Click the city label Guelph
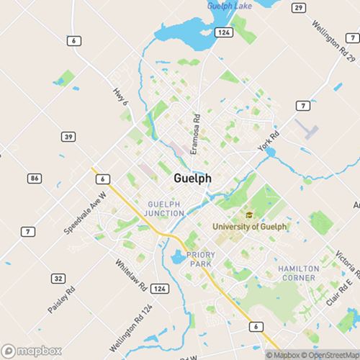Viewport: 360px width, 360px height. (192, 178)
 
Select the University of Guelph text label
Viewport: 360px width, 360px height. (249, 227)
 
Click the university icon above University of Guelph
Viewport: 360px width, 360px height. (249, 215)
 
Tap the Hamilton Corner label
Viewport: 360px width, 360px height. (297, 273)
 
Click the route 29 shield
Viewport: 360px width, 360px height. (297, 6)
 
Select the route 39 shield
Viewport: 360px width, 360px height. (49, 137)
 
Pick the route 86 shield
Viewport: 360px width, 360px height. (35, 176)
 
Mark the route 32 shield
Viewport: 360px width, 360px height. (58, 278)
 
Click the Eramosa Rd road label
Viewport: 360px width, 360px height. (194, 137)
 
